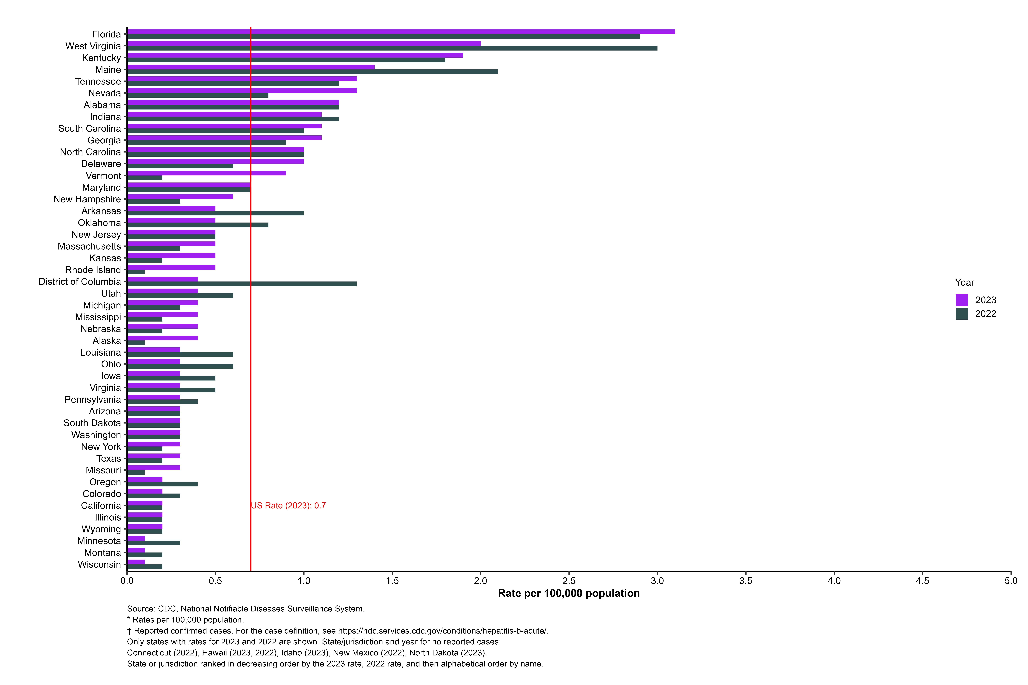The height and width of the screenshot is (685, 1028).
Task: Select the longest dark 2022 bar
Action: (x=392, y=48)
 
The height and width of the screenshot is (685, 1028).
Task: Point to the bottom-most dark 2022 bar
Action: (x=145, y=567)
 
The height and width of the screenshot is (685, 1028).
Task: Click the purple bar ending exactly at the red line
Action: (x=189, y=185)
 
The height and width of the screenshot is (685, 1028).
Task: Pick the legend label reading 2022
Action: (x=986, y=314)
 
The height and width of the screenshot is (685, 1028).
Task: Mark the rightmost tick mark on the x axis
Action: (x=1011, y=573)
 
